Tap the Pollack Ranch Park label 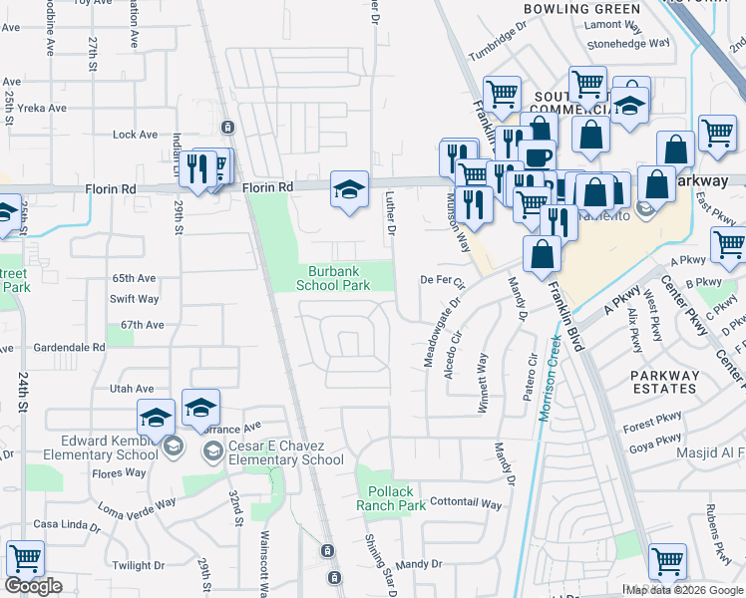coord(390,498)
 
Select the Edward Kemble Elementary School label coord(82,448)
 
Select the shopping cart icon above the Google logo coord(25,559)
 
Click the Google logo coord(33,586)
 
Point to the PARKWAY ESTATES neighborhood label coord(665,382)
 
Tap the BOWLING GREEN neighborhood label coord(567,9)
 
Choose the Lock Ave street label coord(136,135)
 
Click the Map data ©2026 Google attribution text coord(684,590)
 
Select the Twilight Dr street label coord(138,565)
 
